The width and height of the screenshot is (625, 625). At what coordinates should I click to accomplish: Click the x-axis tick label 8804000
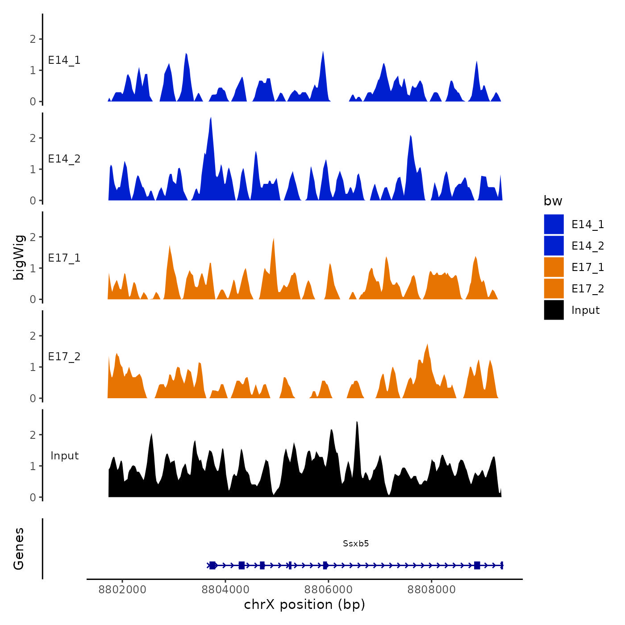(x=225, y=589)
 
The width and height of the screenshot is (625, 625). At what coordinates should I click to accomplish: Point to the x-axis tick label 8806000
(x=328, y=589)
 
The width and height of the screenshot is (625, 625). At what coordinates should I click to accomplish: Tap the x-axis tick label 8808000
(x=431, y=589)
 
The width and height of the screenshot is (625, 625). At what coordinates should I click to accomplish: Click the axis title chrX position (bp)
(x=304, y=604)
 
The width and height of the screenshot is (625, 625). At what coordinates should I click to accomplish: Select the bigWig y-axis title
(x=19, y=258)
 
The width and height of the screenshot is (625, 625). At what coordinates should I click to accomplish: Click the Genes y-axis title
(x=19, y=549)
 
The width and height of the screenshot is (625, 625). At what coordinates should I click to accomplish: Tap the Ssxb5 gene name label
(x=356, y=543)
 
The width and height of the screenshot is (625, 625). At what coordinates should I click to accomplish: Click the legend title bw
(x=553, y=201)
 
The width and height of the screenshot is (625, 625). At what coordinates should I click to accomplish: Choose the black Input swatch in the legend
(x=554, y=310)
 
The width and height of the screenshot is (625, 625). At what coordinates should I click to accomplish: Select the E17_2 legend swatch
(x=554, y=288)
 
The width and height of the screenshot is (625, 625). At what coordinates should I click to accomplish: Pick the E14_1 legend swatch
(x=554, y=224)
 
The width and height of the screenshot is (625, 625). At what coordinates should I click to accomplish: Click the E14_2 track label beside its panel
(x=64, y=159)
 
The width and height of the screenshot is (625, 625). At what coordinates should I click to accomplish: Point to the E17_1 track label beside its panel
(x=64, y=258)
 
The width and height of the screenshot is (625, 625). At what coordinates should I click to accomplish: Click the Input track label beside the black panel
(x=64, y=456)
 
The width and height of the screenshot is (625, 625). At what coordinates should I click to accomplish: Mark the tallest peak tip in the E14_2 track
(x=211, y=118)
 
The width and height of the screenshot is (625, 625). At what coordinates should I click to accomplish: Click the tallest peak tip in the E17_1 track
(x=273, y=239)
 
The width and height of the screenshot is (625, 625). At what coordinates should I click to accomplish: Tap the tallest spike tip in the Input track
(x=357, y=422)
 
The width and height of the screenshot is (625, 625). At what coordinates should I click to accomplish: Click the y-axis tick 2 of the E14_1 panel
(x=33, y=39)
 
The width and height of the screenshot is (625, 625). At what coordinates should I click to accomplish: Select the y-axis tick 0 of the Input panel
(x=33, y=497)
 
